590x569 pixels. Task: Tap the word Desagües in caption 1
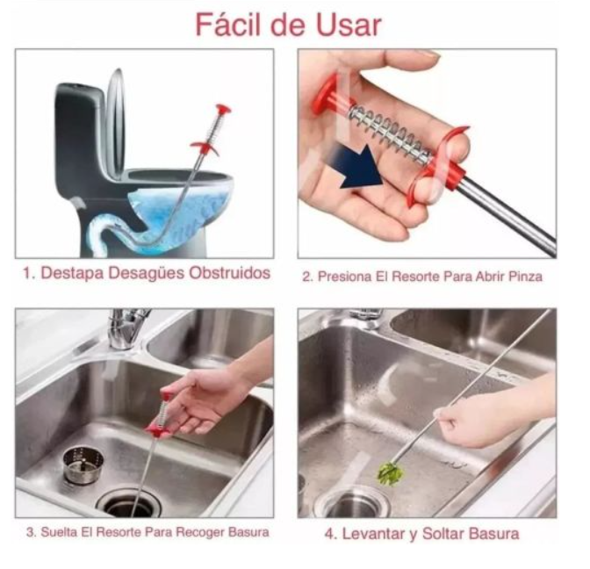pos(147,273)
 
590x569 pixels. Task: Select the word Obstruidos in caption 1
pos(229,273)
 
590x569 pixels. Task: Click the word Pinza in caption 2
pos(525,277)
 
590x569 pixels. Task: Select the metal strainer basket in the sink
pos(83,465)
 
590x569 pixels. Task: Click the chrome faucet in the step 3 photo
pos(126,328)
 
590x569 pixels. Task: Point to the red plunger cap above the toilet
pos(223,110)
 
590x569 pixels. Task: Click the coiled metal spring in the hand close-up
pos(390,133)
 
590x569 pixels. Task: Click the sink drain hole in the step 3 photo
pos(128,503)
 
